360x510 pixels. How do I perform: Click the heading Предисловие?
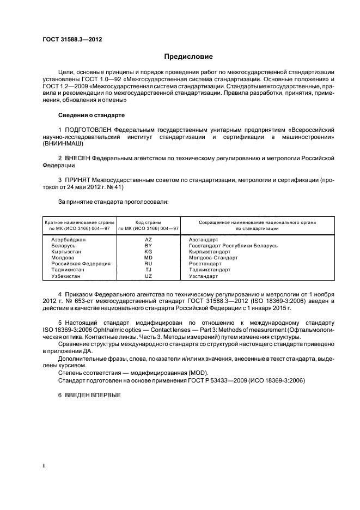click(189, 56)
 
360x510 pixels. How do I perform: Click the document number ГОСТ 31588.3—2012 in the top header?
click(72, 39)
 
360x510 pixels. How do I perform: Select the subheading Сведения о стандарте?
click(91, 116)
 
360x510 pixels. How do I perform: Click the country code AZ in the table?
click(148, 239)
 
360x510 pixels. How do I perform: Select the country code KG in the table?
click(148, 252)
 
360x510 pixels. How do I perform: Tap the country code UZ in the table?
click(148, 276)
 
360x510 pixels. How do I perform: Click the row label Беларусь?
click(63, 246)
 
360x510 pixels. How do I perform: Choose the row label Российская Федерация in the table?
click(81, 264)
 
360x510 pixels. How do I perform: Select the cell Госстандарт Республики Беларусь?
click(233, 246)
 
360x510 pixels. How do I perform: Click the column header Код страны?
click(148, 222)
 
